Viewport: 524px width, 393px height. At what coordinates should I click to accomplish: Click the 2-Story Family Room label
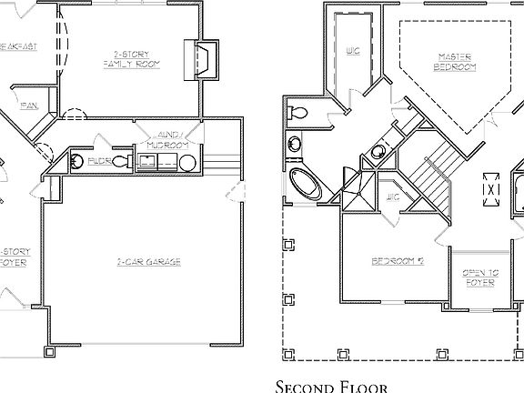[130, 60]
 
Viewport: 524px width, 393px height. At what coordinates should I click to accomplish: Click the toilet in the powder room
[77, 162]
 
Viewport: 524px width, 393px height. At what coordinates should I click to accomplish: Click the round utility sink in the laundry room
[187, 163]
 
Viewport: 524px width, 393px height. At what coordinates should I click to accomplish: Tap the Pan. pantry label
[28, 105]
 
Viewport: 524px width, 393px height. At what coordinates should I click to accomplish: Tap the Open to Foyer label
[479, 277]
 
